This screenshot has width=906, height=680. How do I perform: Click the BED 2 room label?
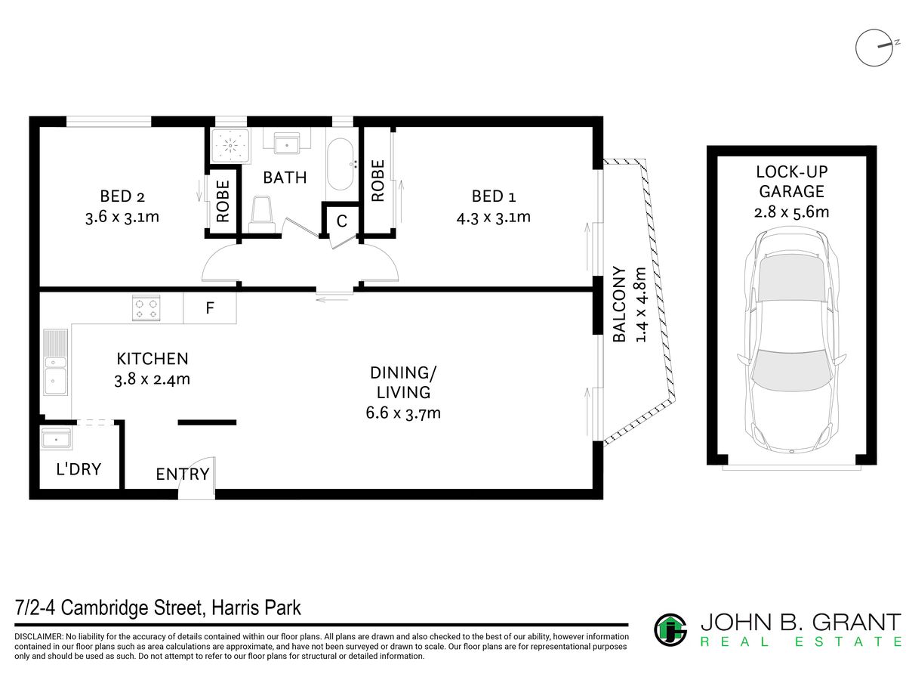point(122,196)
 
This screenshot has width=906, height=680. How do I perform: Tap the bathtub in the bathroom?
point(340,164)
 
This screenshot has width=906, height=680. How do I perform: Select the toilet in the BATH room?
point(262,215)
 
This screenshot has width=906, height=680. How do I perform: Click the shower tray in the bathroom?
point(230,146)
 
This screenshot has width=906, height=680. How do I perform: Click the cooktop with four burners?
point(146,308)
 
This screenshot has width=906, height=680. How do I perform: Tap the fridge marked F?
point(210,308)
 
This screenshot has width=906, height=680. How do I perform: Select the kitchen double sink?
point(55,362)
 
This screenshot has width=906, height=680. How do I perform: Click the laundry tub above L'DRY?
point(56,438)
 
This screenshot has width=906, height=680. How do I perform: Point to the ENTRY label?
point(183,474)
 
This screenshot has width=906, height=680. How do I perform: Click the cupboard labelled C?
point(341,221)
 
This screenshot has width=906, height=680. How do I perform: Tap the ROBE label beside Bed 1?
point(377,181)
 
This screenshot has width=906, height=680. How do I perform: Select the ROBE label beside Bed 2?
point(223,201)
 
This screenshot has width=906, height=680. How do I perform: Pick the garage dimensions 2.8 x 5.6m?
point(791,212)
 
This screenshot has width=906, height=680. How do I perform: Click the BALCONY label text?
point(619,304)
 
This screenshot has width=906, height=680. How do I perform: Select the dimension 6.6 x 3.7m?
point(403,413)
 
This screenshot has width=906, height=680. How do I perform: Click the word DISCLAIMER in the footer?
point(39,637)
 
